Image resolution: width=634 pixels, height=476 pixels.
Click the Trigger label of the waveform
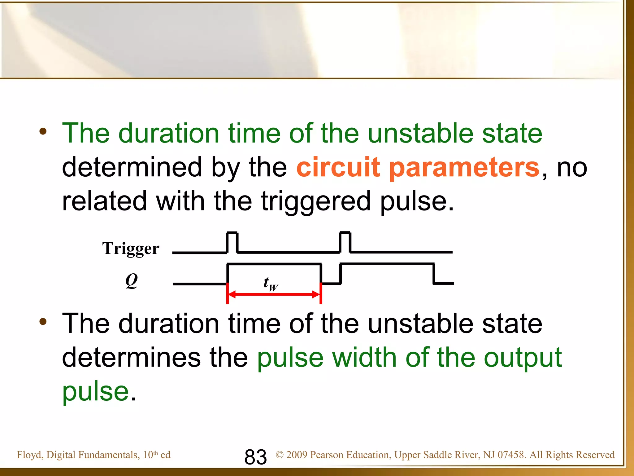pyautogui.click(x=131, y=249)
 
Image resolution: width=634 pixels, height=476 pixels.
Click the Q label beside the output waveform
pyautogui.click(x=132, y=281)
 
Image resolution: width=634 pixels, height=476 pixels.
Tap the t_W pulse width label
pyautogui.click(x=271, y=284)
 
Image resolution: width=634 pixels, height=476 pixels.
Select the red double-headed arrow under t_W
pyautogui.click(x=274, y=294)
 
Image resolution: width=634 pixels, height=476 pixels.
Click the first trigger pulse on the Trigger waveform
pyautogui.click(x=232, y=242)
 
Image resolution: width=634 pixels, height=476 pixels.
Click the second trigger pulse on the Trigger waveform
pyautogui.click(x=345, y=242)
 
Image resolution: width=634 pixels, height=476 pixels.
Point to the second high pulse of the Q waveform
pyautogui.click(x=387, y=264)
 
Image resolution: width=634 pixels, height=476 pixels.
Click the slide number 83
pyautogui.click(x=255, y=457)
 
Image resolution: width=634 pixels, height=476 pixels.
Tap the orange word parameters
pyautogui.click(x=464, y=168)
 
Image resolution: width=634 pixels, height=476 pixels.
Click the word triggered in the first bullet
pyautogui.click(x=316, y=202)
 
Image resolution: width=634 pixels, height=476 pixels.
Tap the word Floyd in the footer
pyautogui.click(x=30, y=455)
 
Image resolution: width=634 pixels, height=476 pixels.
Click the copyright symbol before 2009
pyautogui.click(x=280, y=455)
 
